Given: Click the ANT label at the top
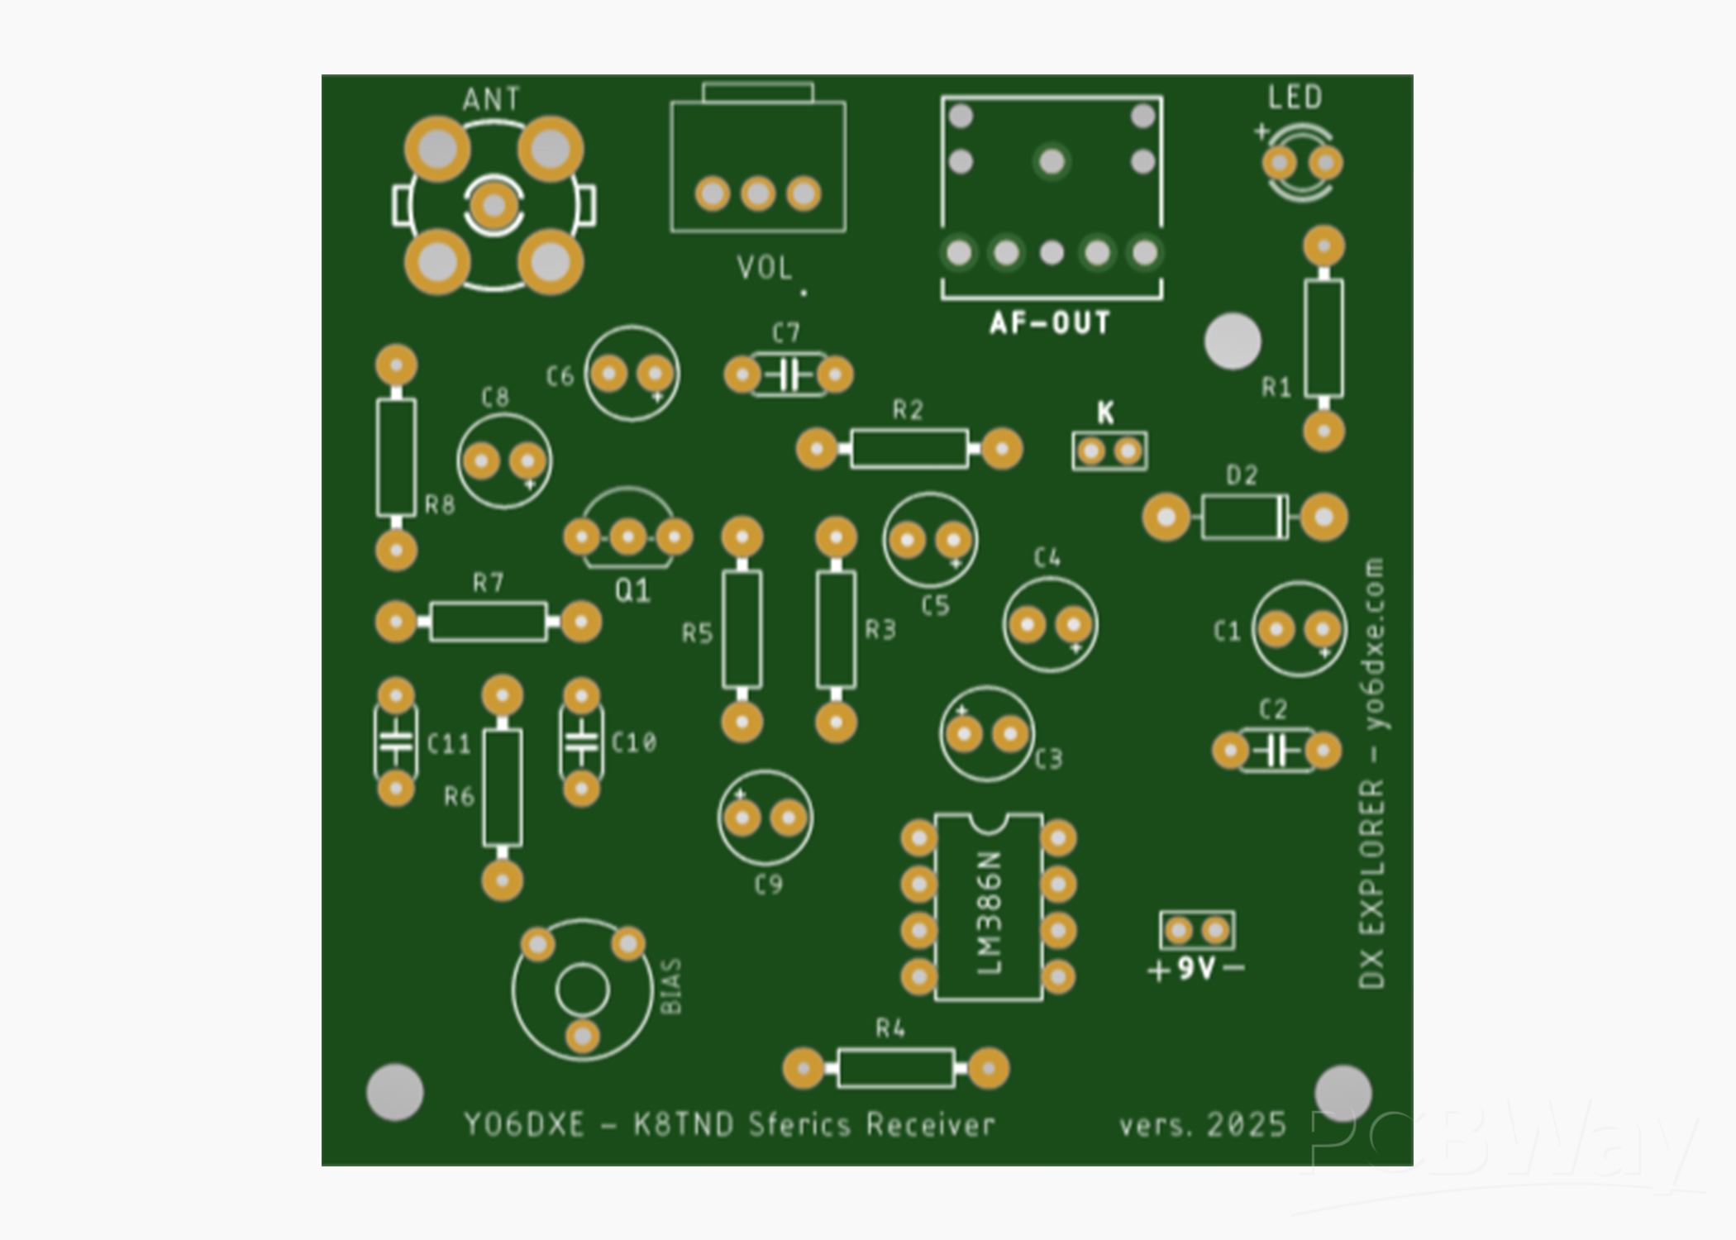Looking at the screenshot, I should click(x=491, y=100).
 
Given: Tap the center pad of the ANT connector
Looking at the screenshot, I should click(x=494, y=205).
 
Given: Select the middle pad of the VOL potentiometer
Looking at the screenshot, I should click(x=758, y=194).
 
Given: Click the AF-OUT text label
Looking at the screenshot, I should click(x=1050, y=323).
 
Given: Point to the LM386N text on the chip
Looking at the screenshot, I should click(x=990, y=913).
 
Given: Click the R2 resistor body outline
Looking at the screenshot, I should click(x=909, y=449).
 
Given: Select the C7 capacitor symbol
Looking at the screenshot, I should click(x=789, y=375).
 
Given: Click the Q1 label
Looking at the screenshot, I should click(x=632, y=591).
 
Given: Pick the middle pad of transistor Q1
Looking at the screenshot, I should click(x=628, y=538).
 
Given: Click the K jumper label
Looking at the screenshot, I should click(x=1105, y=413).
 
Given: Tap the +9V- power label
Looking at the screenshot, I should click(x=1196, y=969).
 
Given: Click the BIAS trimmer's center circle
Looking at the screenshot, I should click(x=582, y=990).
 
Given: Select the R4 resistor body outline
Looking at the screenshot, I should click(x=895, y=1068).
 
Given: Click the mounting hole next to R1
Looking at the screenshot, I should click(x=1232, y=341).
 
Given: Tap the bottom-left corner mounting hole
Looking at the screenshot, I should click(x=395, y=1092).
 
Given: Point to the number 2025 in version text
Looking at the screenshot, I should click(x=1246, y=1125).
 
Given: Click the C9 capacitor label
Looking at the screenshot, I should click(x=768, y=885).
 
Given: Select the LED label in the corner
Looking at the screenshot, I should click(x=1295, y=98).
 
